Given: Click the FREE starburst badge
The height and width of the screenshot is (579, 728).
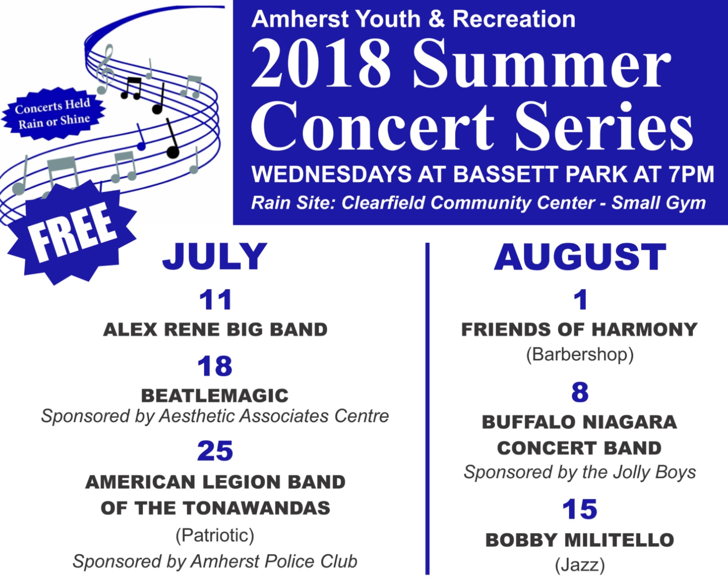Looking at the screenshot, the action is coord(71,232).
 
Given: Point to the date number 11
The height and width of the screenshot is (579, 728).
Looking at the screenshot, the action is coord(215,300).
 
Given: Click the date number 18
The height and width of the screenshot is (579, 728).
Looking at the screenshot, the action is coord(215,366).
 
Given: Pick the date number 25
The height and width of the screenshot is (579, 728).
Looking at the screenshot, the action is coord(215,451).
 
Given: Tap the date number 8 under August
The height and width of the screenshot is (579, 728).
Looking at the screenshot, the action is coord(580,392).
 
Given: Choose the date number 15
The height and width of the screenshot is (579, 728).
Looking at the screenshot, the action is coord(580,509).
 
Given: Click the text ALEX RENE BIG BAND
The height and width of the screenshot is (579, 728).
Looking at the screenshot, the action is coord(215,330).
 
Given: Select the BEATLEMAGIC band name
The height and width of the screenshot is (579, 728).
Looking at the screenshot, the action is coord(215,395).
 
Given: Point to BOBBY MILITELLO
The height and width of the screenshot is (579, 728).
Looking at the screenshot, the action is coord(580,540).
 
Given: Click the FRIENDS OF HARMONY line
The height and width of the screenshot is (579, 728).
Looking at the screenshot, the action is coord(579,330).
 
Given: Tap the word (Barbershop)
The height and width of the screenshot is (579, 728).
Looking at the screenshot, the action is coord(580,355).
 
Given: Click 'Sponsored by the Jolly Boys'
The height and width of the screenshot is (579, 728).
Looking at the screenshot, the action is coord(580,472).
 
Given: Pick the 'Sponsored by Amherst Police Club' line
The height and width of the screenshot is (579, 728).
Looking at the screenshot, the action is coord(215,561).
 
